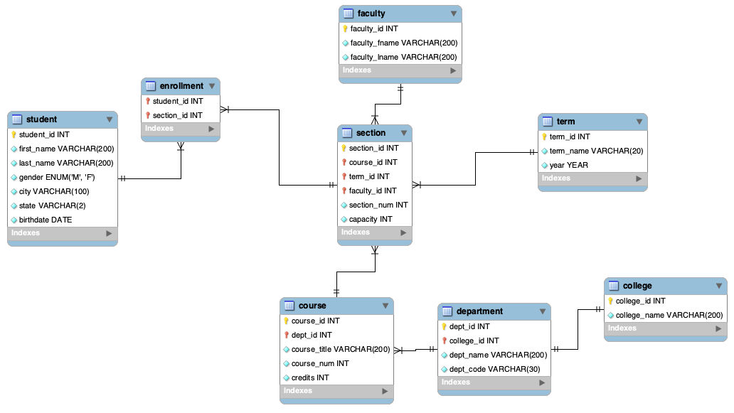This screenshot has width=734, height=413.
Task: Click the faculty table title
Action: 371,14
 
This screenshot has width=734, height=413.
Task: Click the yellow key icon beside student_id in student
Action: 14,134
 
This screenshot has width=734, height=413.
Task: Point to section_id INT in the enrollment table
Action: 177,115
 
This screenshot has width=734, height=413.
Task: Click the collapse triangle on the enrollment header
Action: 212,86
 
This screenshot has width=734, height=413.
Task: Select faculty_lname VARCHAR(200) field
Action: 403,57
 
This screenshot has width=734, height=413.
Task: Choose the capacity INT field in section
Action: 370,219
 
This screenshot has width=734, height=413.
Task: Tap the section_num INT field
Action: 378,205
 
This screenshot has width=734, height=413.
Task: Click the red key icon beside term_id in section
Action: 344,176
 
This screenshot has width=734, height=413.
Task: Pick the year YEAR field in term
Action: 568,165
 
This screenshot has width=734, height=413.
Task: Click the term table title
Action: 566,122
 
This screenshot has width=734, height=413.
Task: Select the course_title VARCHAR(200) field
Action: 340,349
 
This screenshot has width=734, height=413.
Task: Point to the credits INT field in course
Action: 309,377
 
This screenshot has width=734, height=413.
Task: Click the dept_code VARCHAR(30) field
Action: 489,369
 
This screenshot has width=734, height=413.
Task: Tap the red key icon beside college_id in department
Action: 445,340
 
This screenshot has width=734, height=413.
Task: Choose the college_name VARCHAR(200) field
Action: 669,315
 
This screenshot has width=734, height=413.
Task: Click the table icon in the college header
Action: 613,286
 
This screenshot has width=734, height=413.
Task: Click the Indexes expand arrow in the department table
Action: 542,382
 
